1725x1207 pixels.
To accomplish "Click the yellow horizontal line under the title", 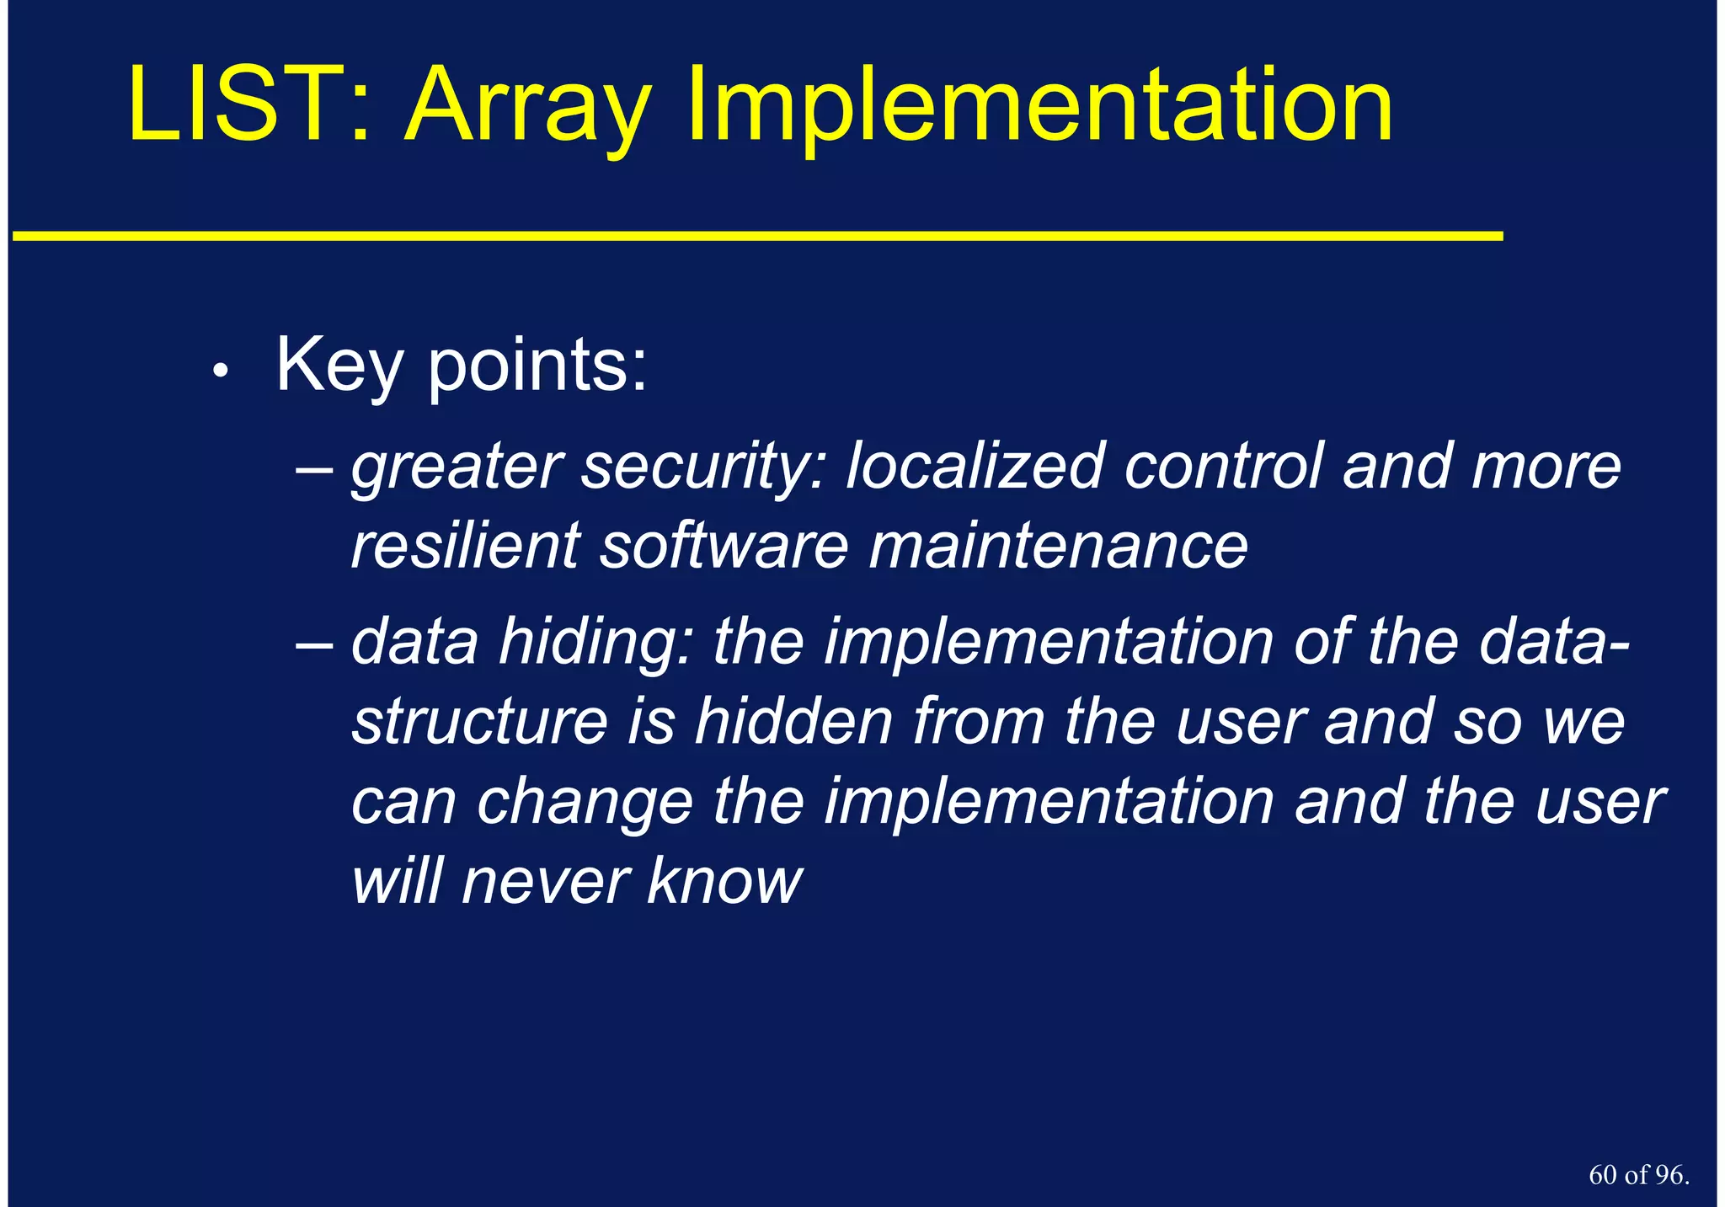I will (x=758, y=237).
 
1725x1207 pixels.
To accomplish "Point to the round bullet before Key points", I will (x=221, y=371).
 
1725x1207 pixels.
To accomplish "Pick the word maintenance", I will (x=1058, y=546).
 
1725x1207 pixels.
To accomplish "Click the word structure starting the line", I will (x=480, y=722).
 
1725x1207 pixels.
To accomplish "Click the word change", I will (x=585, y=803).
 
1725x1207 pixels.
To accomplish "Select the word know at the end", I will (x=724, y=882).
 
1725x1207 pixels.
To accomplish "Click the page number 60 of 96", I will (x=1638, y=1175).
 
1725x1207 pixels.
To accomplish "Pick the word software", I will (x=724, y=546).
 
